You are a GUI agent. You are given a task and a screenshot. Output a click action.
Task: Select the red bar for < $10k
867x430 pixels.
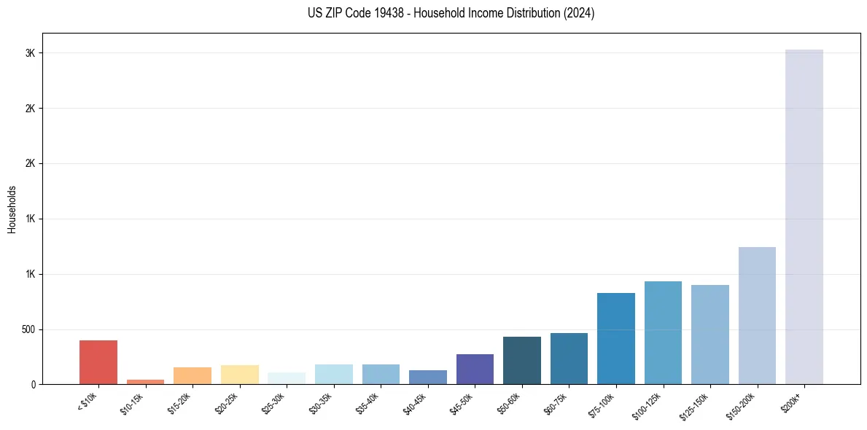pyautogui.click(x=98, y=362)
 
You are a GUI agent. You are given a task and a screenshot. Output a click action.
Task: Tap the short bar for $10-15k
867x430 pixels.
pyautogui.click(x=145, y=381)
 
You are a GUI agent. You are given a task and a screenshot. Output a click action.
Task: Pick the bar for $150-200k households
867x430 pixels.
pyautogui.click(x=757, y=316)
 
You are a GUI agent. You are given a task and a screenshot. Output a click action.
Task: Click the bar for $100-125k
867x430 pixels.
pyautogui.click(x=663, y=333)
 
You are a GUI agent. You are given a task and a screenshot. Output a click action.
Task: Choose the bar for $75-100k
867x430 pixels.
pyautogui.click(x=615, y=339)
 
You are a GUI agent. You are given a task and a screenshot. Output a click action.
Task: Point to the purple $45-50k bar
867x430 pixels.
pyautogui.click(x=475, y=370)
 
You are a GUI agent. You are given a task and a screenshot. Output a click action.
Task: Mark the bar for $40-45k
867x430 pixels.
pyautogui.click(x=428, y=378)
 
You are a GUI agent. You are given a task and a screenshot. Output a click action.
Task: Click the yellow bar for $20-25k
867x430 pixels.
pyautogui.click(x=239, y=375)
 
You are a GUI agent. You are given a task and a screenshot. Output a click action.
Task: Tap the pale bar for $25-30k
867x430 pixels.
pyautogui.click(x=287, y=378)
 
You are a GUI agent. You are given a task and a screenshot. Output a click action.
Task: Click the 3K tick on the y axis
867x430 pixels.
pyautogui.click(x=31, y=53)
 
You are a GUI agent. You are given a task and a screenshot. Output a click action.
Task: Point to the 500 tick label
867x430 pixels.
pyautogui.click(x=28, y=329)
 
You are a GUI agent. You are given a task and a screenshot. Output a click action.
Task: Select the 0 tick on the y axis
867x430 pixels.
pyautogui.click(x=34, y=385)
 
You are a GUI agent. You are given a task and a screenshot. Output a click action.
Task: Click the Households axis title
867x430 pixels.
pyautogui.click(x=12, y=209)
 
